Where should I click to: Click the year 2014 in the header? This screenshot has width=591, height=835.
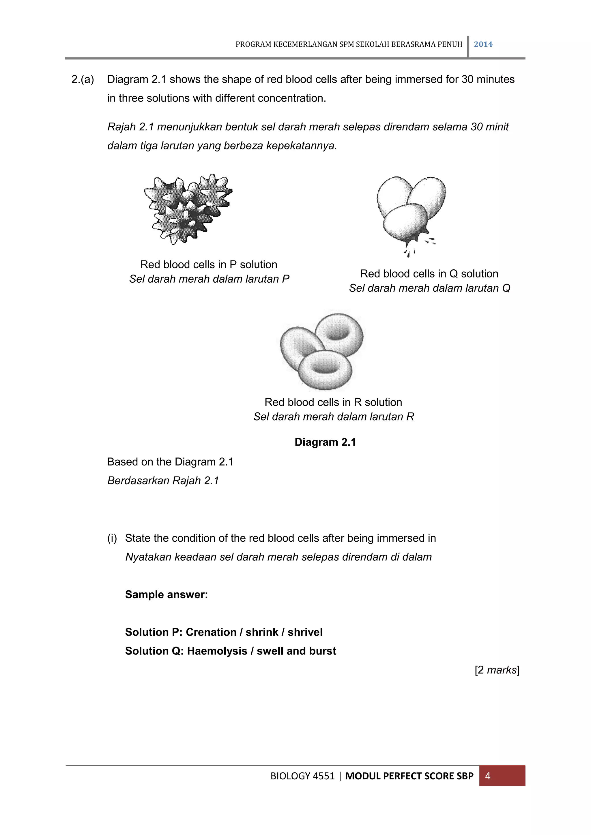tap(483, 44)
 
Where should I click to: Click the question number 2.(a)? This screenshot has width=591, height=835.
tap(83, 79)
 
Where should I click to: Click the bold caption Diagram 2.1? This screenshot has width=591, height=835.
tap(325, 442)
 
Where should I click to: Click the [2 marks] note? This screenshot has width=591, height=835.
tap(497, 670)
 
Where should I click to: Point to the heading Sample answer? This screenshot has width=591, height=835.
tap(166, 595)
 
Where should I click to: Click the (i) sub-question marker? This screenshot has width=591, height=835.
tap(112, 538)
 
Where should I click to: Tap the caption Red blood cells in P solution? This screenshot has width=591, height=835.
tap(209, 264)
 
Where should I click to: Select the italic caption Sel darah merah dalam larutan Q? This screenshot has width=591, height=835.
tap(429, 288)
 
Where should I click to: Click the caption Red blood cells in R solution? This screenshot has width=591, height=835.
tap(333, 402)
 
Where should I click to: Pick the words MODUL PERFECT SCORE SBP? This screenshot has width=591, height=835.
tap(409, 776)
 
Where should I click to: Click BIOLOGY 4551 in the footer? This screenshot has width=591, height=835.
tap(302, 776)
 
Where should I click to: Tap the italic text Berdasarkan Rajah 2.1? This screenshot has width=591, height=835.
tap(163, 481)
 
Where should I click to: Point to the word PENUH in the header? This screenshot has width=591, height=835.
tap(451, 44)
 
